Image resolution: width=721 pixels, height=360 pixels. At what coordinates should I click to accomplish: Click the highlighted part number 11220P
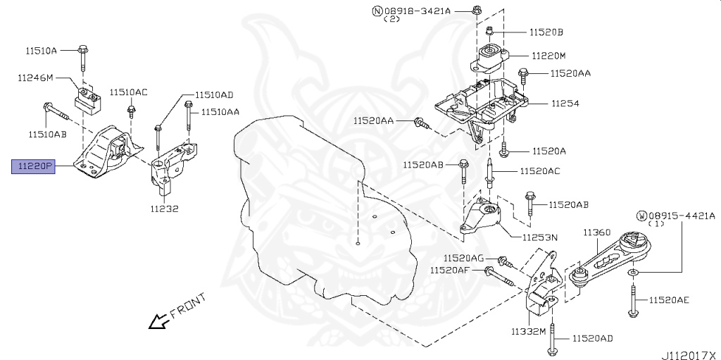coord(32,167)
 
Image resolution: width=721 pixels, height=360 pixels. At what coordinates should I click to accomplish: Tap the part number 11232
coord(164,209)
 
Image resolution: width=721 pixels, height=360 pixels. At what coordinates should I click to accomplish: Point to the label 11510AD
coord(213,94)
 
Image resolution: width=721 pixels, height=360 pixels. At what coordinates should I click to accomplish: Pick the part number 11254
coord(564,104)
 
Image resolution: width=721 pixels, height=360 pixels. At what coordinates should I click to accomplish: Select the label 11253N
coord(540,238)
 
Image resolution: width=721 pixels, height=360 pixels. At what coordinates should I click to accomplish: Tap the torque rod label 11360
coord(596,232)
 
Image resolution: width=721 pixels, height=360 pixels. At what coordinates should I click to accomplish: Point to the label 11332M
coord(529,330)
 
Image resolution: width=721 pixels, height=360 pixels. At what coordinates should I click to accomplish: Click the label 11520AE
coord(669,300)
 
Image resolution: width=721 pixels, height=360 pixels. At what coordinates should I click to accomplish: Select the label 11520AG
coord(463,258)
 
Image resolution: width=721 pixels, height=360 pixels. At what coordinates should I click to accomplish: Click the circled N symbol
coord(377,11)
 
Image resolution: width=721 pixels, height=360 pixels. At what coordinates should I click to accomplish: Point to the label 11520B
coord(546,32)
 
